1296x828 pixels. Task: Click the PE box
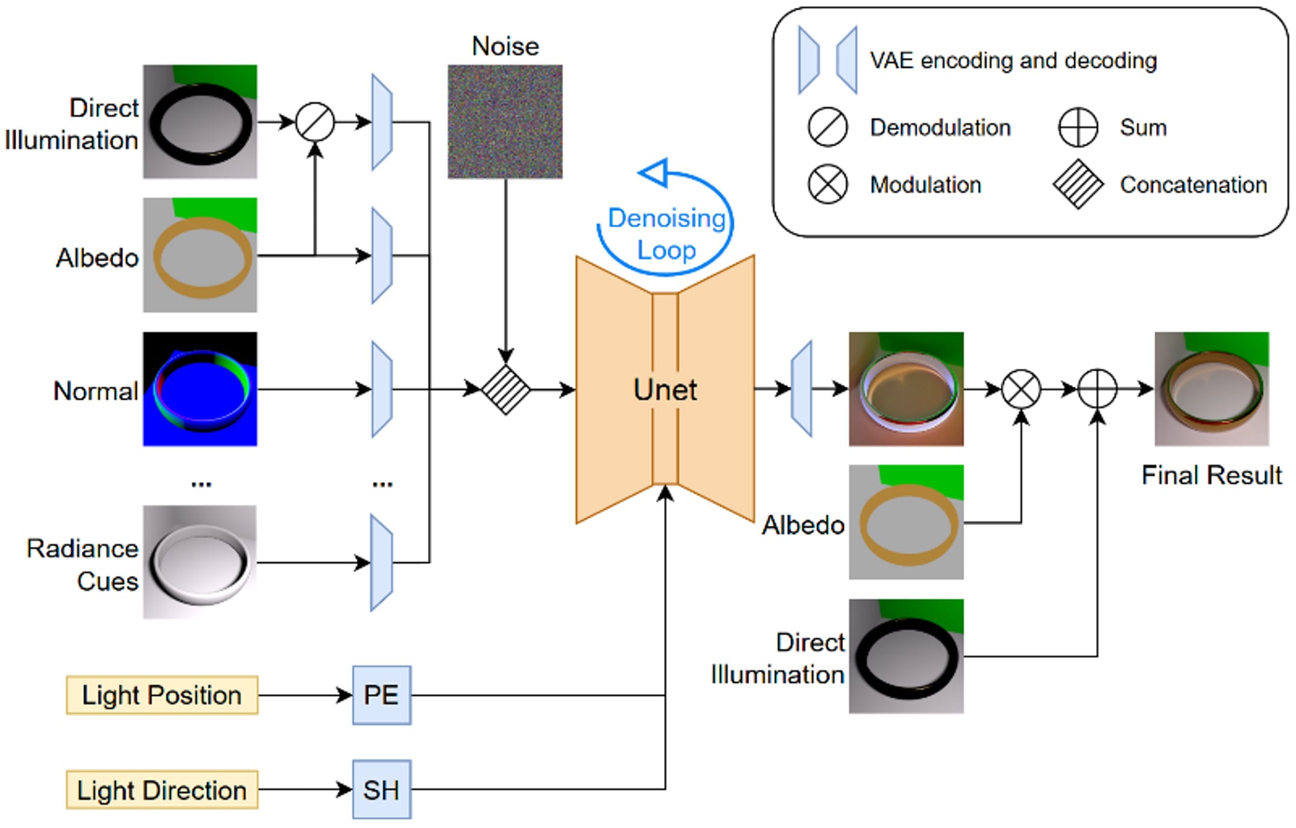(x=382, y=695)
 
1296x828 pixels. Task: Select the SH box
(x=382, y=789)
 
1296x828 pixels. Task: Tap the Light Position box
(x=162, y=695)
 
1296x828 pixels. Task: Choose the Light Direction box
(x=162, y=789)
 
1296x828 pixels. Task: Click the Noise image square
(x=505, y=122)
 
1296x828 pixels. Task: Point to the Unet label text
(x=665, y=390)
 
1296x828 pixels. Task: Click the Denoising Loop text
(x=666, y=234)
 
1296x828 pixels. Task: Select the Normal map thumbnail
(x=200, y=389)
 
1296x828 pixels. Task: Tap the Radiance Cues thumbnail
(x=200, y=562)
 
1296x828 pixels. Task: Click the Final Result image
(x=1212, y=389)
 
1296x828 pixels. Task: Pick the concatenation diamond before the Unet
(x=505, y=390)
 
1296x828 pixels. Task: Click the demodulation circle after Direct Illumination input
(x=315, y=122)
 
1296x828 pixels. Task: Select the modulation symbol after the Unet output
(x=1021, y=389)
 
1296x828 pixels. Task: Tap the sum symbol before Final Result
(x=1097, y=389)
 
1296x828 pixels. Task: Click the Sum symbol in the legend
(x=1078, y=127)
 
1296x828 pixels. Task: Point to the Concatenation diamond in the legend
(x=1078, y=185)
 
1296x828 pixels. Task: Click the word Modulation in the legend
(x=925, y=185)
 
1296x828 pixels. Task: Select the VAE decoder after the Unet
(x=801, y=389)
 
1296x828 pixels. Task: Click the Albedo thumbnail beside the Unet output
(x=906, y=522)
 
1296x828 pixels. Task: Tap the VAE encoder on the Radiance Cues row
(x=382, y=563)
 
